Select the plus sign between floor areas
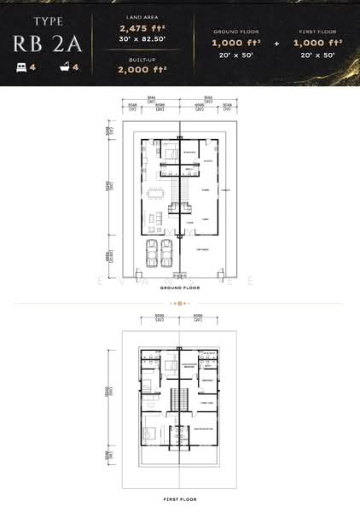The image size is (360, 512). [274, 42]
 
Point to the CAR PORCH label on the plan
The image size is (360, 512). [202, 250]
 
